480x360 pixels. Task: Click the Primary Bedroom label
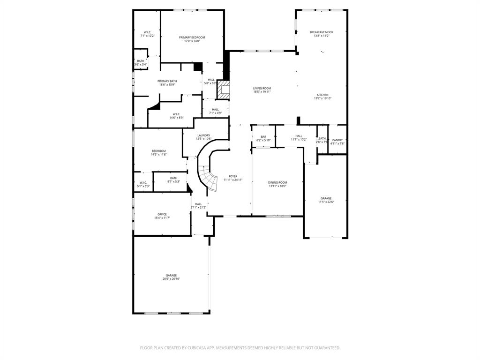click(192, 37)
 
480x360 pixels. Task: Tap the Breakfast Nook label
click(321, 32)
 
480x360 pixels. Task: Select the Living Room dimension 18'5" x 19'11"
click(262, 92)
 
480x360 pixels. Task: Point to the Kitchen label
click(322, 95)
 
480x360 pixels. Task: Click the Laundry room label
click(203, 135)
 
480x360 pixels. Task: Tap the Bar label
click(263, 136)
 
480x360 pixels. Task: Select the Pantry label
click(337, 140)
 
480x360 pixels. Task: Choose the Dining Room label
click(277, 182)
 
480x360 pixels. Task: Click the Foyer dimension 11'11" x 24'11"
click(232, 180)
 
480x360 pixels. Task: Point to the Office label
click(162, 214)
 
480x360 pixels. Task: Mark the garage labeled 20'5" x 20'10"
click(171, 279)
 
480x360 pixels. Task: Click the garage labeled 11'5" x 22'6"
click(326, 202)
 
